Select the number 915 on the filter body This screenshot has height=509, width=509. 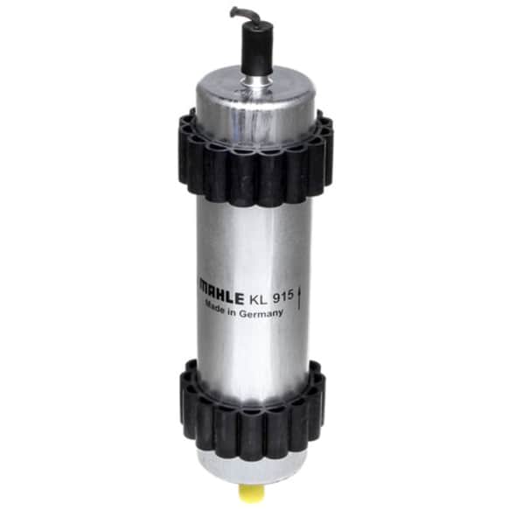283,296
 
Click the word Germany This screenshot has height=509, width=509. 261,313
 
